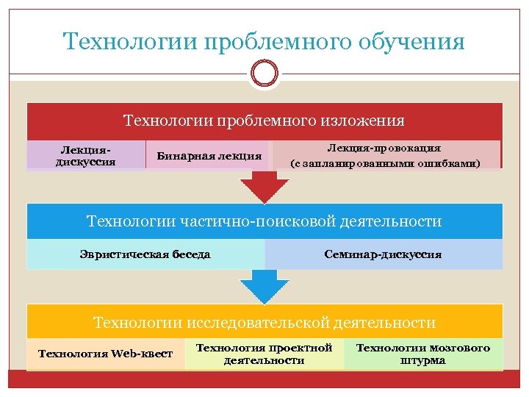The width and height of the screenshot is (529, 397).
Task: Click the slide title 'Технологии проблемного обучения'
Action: pos(264,41)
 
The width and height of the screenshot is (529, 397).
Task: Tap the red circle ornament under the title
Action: pos(264,74)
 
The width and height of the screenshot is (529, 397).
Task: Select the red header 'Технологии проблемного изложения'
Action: pos(264,120)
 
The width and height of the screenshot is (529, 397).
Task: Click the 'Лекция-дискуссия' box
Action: pos(86,155)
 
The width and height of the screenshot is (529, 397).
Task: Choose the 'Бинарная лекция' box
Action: pos(209,155)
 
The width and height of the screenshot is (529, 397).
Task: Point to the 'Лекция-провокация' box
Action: pos(386,155)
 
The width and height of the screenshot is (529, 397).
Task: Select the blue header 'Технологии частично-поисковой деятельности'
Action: pos(264,221)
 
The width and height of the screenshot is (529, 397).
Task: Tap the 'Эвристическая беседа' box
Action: pos(145,254)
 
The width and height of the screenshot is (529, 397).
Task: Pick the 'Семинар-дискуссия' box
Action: pos(383,254)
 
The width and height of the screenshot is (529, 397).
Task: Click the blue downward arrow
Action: pos(264,287)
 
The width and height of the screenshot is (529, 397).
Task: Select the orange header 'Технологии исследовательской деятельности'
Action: pos(264,322)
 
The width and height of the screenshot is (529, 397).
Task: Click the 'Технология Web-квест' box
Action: pos(105,354)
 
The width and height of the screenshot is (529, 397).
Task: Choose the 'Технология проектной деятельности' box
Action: pos(264,354)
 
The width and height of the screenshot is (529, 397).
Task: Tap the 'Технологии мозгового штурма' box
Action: pos(423,354)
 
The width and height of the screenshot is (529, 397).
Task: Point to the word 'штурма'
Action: pos(423,361)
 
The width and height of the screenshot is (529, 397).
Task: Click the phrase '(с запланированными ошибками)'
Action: pos(386,163)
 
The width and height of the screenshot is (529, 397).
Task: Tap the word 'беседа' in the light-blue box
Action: pos(191,254)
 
